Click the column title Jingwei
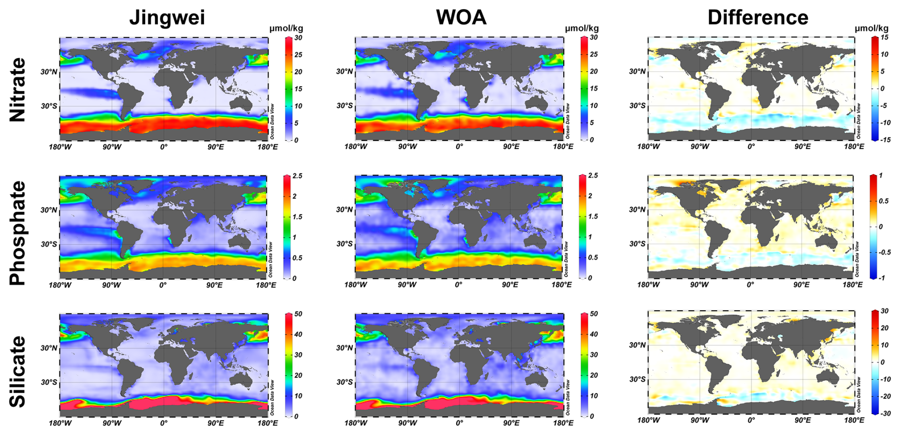click(167, 18)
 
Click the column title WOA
click(461, 18)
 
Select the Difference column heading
click(758, 18)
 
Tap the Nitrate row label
click(18, 90)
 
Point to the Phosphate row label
click(18, 233)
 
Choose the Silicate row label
click(18, 372)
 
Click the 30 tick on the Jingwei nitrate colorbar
click(298, 38)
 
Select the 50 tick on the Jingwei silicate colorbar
click(298, 314)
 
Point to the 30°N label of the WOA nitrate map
click(344, 71)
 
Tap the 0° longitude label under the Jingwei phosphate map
click(163, 285)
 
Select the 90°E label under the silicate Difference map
click(802, 420)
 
